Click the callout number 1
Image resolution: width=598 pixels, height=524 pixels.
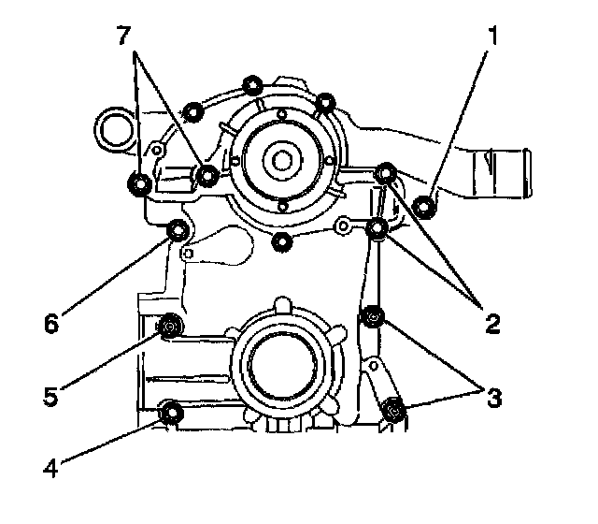(491, 38)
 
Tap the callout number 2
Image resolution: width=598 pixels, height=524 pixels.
(491, 325)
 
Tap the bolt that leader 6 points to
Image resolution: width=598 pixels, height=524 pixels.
(177, 231)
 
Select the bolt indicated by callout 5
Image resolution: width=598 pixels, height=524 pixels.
(170, 327)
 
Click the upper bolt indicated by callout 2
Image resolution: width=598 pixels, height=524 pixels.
(385, 172)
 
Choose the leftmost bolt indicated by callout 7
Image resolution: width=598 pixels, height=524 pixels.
(139, 184)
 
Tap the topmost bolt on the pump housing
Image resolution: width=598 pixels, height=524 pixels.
(252, 87)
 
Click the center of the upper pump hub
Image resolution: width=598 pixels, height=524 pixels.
(281, 158)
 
